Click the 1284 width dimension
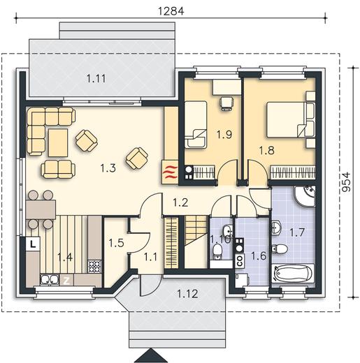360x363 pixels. [x=171, y=11]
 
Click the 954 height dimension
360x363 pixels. [x=346, y=182]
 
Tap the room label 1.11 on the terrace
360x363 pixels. [x=96, y=78]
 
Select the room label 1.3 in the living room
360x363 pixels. [x=108, y=168]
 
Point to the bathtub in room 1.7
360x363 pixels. [x=293, y=273]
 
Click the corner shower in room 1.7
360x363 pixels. [x=305, y=196]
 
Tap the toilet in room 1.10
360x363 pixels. [x=218, y=251]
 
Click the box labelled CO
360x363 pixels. [x=240, y=260]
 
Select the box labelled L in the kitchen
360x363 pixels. [x=34, y=244]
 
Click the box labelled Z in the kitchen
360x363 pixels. [x=66, y=281]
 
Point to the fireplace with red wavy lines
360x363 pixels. [x=170, y=172]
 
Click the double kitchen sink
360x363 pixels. [x=50, y=280]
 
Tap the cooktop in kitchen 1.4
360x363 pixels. [x=95, y=267]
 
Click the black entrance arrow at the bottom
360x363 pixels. [x=152, y=355]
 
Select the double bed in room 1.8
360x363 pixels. [x=286, y=119]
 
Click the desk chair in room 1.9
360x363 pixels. [x=226, y=103]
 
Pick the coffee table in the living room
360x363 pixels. [x=58, y=142]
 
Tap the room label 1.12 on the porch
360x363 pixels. [x=187, y=294]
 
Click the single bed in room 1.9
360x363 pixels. [x=196, y=124]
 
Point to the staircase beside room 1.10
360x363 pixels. [x=196, y=242]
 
